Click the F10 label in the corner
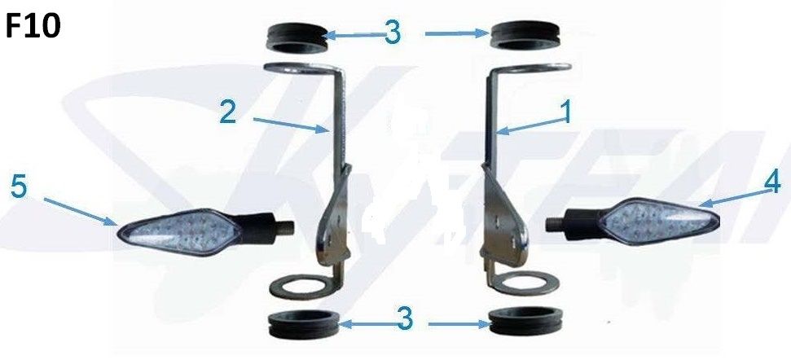pos(33,25)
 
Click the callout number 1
pos(566,112)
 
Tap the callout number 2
pos(228,112)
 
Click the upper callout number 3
pos(393,33)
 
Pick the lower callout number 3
pos(405,318)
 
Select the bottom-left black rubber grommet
pos(304,325)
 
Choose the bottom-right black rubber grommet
pos(526,321)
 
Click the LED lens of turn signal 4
pos(661,222)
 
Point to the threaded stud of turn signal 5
pos(287,228)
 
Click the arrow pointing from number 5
pos(80,211)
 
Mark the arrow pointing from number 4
pos(733,198)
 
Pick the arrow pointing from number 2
pos(290,125)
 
